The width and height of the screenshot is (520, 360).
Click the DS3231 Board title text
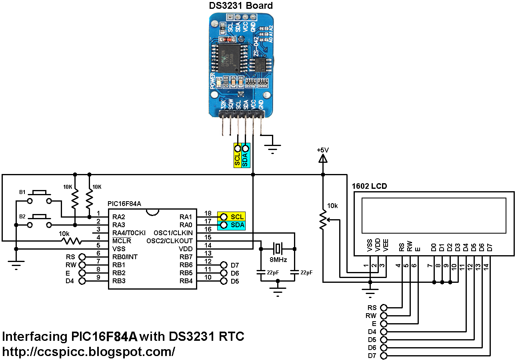click(241, 6)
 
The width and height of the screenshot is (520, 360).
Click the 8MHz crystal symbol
click(277, 248)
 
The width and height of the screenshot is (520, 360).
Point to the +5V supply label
click(323, 150)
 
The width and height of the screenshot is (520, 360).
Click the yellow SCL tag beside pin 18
click(232, 216)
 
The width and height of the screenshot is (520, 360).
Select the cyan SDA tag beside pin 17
click(232, 225)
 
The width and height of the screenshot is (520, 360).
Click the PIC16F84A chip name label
click(124, 204)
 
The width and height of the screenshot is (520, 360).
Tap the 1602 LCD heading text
click(369, 186)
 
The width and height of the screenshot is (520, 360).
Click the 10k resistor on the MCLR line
click(70, 241)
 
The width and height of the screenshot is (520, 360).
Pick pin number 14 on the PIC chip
click(208, 245)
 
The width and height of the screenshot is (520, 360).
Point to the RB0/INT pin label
click(125, 257)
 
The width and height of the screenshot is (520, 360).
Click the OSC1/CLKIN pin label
click(170, 233)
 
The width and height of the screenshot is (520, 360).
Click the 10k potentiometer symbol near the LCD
click(323, 220)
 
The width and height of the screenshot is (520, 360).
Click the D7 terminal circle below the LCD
click(384, 356)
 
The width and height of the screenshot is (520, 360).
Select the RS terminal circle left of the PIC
click(82, 257)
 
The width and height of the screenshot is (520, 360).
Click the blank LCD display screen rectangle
click(434, 215)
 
